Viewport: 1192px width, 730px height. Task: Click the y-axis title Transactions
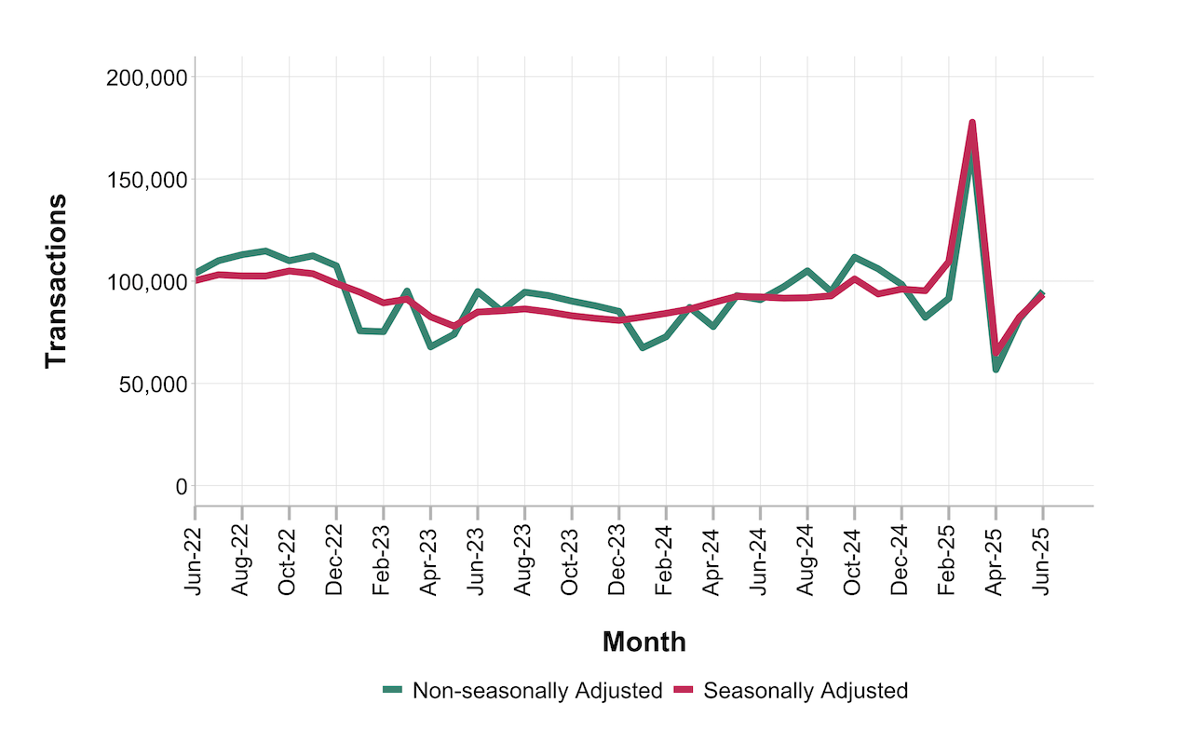coord(56,280)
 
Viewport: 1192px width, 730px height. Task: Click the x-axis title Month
coord(643,642)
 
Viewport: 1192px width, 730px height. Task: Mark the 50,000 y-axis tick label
coord(147,384)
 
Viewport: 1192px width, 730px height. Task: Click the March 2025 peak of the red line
coord(972,123)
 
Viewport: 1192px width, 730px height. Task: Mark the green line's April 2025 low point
coord(996,370)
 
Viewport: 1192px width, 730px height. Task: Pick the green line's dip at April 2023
coord(431,346)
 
